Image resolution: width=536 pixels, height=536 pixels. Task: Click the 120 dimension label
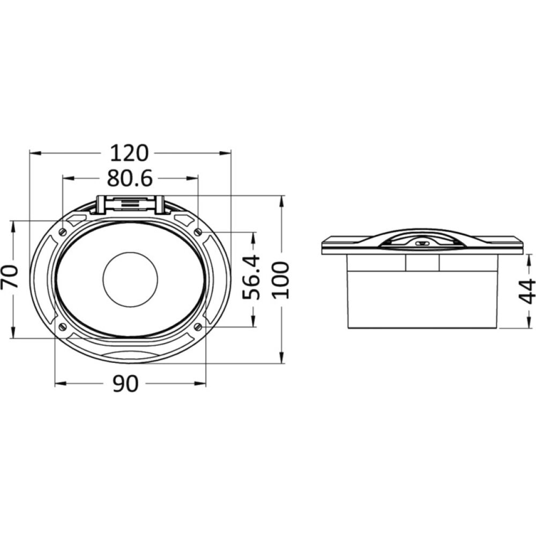pos(129,153)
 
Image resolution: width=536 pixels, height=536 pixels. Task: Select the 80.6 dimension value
pos(130,178)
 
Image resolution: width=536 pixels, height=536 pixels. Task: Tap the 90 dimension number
pos(125,383)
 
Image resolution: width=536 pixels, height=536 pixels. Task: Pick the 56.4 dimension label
pos(251,277)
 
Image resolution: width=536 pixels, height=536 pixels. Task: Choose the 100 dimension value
pos(281,280)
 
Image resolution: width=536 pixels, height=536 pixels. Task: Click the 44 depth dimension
pos(527,291)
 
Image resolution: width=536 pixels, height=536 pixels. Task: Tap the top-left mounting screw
pos(63,232)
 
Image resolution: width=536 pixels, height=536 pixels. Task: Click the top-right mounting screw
pos(198,232)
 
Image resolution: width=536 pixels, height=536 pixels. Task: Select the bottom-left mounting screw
pos(63,326)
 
